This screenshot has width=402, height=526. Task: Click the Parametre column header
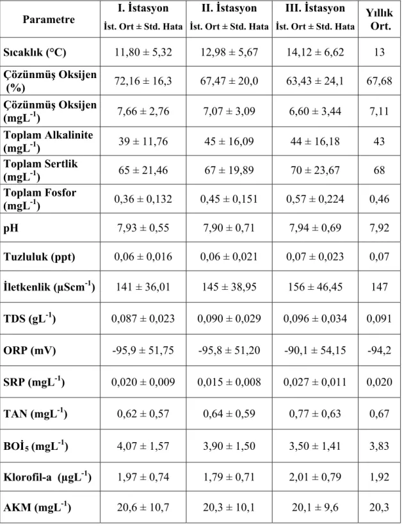[x=49, y=19]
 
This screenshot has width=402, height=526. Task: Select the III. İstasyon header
[x=315, y=8]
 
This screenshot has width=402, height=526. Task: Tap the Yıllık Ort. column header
[x=380, y=19]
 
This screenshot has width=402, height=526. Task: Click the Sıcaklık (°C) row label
[x=35, y=52]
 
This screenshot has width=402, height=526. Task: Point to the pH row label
[x=11, y=228]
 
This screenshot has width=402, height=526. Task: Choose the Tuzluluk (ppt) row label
[x=39, y=257]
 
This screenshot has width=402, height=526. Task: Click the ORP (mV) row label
[x=29, y=351]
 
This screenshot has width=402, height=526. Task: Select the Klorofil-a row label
[x=47, y=477]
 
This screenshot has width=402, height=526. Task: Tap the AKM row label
[x=37, y=507]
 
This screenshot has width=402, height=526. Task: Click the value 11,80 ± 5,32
[x=143, y=52]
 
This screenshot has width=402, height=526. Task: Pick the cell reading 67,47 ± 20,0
[x=229, y=81]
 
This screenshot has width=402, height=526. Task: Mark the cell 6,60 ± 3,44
[x=315, y=111]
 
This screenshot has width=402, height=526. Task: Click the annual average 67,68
[x=379, y=81]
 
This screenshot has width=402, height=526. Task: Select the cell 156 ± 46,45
[x=315, y=287]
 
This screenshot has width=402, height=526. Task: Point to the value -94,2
[x=379, y=351]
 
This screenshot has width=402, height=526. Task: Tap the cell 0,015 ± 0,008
[x=229, y=382]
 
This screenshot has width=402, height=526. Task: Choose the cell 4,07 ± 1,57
[x=143, y=446]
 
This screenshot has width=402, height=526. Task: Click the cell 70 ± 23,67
[x=315, y=170]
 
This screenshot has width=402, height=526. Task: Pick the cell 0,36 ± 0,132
[x=143, y=199]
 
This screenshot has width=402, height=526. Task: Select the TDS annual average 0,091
[x=379, y=319]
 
